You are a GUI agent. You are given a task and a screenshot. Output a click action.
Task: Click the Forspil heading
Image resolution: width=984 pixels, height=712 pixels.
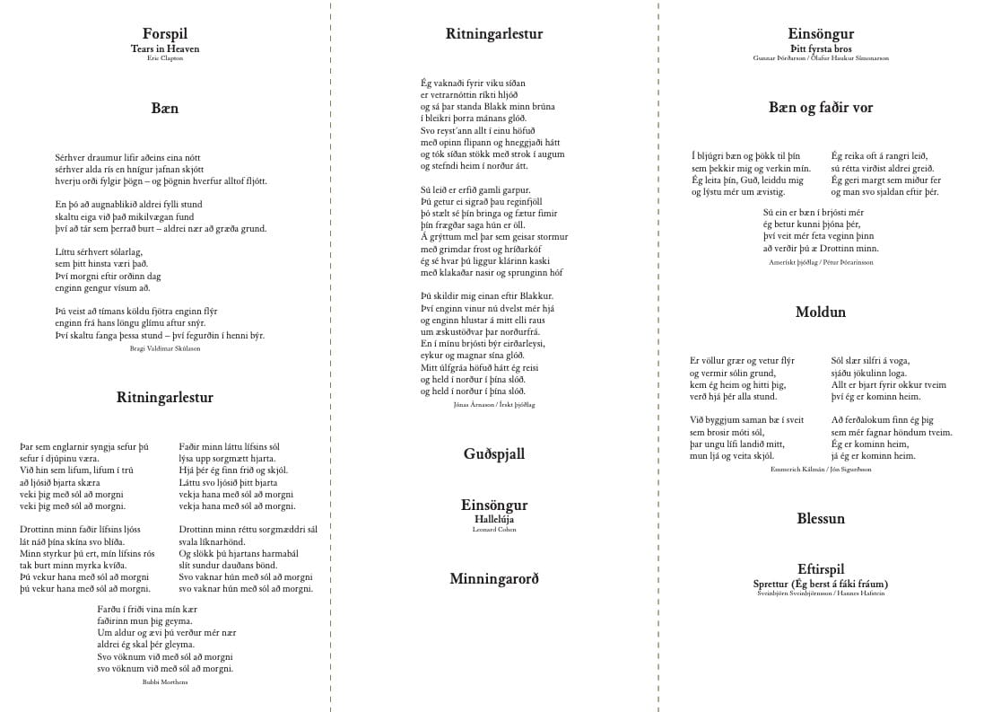tap(164, 34)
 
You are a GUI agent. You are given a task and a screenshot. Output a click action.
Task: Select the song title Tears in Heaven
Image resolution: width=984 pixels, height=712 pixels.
tap(164, 48)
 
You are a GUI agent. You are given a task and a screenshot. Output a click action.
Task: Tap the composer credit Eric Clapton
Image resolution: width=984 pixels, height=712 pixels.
tap(164, 58)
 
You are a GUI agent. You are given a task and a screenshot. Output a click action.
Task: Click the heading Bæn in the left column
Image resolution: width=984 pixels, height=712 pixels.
tap(164, 108)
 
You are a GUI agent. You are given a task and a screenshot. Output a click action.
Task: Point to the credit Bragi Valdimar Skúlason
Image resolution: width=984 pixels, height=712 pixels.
tap(164, 348)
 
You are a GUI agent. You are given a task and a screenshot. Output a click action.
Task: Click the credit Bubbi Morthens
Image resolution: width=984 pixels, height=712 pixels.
tap(164, 682)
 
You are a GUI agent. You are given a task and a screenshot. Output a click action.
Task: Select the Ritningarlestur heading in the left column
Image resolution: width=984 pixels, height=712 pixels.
tap(164, 397)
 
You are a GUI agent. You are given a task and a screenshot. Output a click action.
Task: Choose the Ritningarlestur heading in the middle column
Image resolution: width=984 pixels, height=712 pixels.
tap(493, 34)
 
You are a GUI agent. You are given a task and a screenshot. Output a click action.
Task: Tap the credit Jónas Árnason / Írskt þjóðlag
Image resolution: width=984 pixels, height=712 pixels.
tap(493, 405)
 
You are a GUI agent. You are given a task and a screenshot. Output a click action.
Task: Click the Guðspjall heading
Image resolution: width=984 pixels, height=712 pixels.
tap(493, 454)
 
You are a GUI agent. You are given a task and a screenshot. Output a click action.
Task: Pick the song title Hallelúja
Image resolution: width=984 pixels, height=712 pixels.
tap(493, 519)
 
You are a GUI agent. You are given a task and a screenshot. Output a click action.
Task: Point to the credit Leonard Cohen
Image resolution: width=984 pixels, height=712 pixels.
tap(493, 530)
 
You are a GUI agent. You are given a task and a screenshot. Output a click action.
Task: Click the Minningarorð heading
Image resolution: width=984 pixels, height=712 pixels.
tap(493, 579)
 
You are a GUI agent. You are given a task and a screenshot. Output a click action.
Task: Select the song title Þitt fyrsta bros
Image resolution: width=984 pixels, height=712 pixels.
tap(821, 48)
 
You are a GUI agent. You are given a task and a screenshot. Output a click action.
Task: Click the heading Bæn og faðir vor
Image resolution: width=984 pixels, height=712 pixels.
tap(821, 108)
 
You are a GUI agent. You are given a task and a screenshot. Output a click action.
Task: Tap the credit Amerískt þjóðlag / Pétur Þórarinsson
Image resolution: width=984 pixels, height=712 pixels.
tap(821, 262)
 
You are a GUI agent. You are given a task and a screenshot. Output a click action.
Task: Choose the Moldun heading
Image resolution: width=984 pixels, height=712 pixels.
tap(821, 312)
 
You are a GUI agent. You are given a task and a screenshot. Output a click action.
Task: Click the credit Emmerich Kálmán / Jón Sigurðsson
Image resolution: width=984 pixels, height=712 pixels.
tap(821, 470)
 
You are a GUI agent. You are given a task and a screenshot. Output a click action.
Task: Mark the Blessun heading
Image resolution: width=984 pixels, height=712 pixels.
tap(821, 519)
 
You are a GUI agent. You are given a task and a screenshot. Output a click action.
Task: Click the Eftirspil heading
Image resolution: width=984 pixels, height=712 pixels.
tap(821, 569)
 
